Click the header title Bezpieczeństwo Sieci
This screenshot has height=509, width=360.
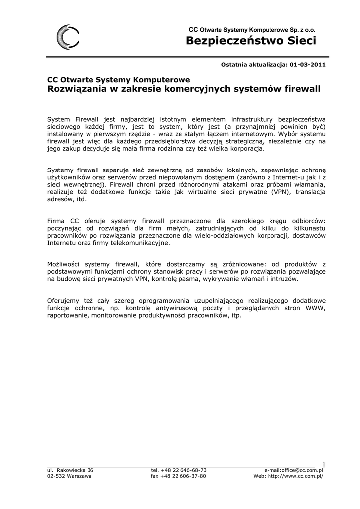(x=251, y=41)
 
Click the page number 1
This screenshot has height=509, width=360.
(x=323, y=465)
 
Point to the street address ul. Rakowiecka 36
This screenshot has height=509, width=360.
(x=70, y=470)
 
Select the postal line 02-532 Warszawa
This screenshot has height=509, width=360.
(x=69, y=476)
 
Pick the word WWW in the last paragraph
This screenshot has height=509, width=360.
(x=315, y=308)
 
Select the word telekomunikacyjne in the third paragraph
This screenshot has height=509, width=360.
(x=141, y=243)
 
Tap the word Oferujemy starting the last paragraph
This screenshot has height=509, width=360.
(x=64, y=301)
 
